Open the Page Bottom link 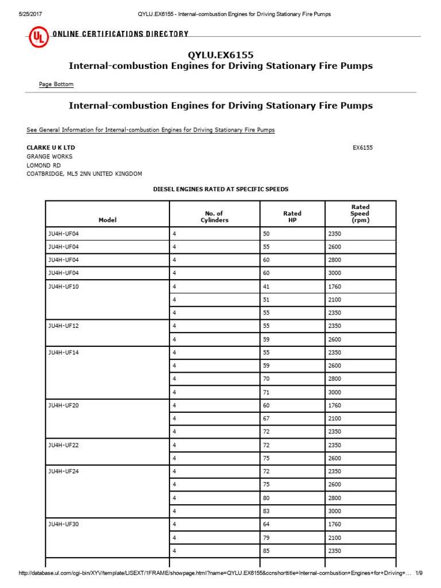(56, 84)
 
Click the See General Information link (150, 130)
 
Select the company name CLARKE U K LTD (51, 148)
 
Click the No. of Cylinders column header (214, 216)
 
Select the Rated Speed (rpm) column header (360, 214)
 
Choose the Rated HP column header (292, 216)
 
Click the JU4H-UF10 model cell (63, 286)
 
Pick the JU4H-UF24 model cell (63, 471)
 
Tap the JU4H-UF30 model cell (63, 524)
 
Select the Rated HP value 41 (266, 286)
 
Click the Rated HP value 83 (266, 511)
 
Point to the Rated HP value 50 (266, 233)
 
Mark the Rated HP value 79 (266, 537)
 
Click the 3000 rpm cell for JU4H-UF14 (334, 392)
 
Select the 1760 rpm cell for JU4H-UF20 (334, 405)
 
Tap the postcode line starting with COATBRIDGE (84, 173)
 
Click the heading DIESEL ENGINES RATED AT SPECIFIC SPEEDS (220, 189)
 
